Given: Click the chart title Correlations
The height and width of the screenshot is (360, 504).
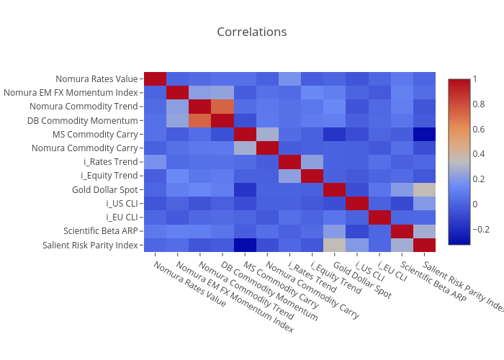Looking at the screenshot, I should coord(251,32).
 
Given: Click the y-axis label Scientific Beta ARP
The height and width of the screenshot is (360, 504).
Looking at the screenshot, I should coord(101,231).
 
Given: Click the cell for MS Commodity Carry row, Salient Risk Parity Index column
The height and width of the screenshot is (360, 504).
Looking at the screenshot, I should coord(425,134).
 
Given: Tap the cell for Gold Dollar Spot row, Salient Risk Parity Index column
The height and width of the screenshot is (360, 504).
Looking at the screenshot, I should coord(425,189).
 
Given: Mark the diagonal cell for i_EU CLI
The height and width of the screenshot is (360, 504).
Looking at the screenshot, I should coord(380,217).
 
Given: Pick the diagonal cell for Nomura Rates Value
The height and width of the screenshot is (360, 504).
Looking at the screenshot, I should coord(155,79).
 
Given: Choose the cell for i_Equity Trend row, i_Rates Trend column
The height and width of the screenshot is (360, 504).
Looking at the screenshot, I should coord(289,176).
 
